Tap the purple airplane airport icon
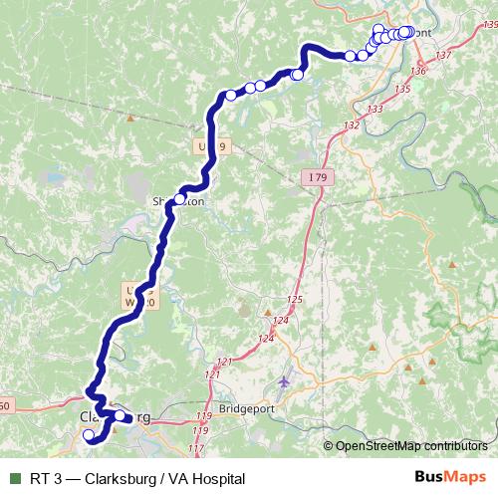pyautogui.click(x=287, y=382)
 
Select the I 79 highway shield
pyautogui.click(x=314, y=176)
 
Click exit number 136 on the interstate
pyautogui.click(x=417, y=71)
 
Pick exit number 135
pyautogui.click(x=402, y=90)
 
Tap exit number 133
pyautogui.click(x=374, y=109)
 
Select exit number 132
pyautogui.click(x=350, y=125)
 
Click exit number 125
pyautogui.click(x=293, y=300)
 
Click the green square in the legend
pyautogui.click(x=14, y=478)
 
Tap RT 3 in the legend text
pyautogui.click(x=45, y=478)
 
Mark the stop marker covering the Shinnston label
pyautogui.click(x=179, y=198)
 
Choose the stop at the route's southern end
pyautogui.click(x=88, y=435)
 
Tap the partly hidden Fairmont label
pyautogui.click(x=422, y=33)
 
